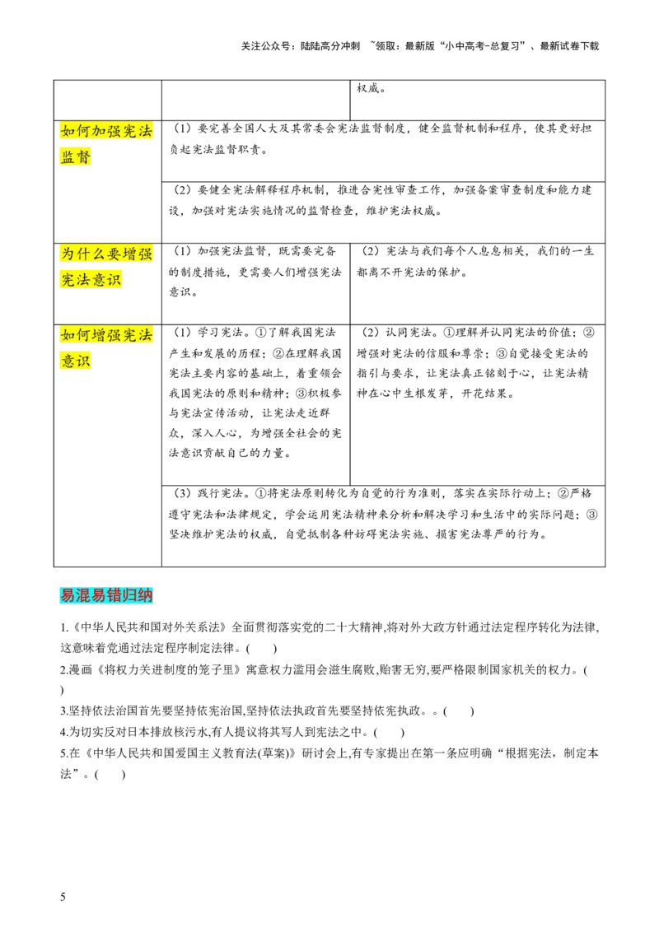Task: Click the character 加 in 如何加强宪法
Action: [x=99, y=132]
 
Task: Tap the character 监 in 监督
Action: [x=68, y=157]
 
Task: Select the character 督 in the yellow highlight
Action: [x=83, y=157]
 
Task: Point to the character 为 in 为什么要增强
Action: [x=68, y=254]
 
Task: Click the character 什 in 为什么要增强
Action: [x=83, y=254]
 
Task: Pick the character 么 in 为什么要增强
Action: [x=99, y=254]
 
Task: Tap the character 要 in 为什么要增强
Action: [x=115, y=254]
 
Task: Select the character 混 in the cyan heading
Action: [x=83, y=596]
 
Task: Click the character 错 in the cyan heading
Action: [x=115, y=596]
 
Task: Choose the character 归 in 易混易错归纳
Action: [x=130, y=596]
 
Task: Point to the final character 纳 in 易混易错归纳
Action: [x=146, y=596]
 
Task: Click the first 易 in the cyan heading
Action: [x=68, y=596]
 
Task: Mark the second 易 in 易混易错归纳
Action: [x=99, y=596]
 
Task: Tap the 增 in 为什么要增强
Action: [x=130, y=254]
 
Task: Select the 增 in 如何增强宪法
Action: [x=99, y=336]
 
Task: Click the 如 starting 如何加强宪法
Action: [x=68, y=132]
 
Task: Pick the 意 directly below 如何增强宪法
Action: [x=68, y=361]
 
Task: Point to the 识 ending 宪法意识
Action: [x=115, y=280]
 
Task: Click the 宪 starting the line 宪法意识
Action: [x=68, y=280]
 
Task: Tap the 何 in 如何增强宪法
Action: [x=83, y=336]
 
